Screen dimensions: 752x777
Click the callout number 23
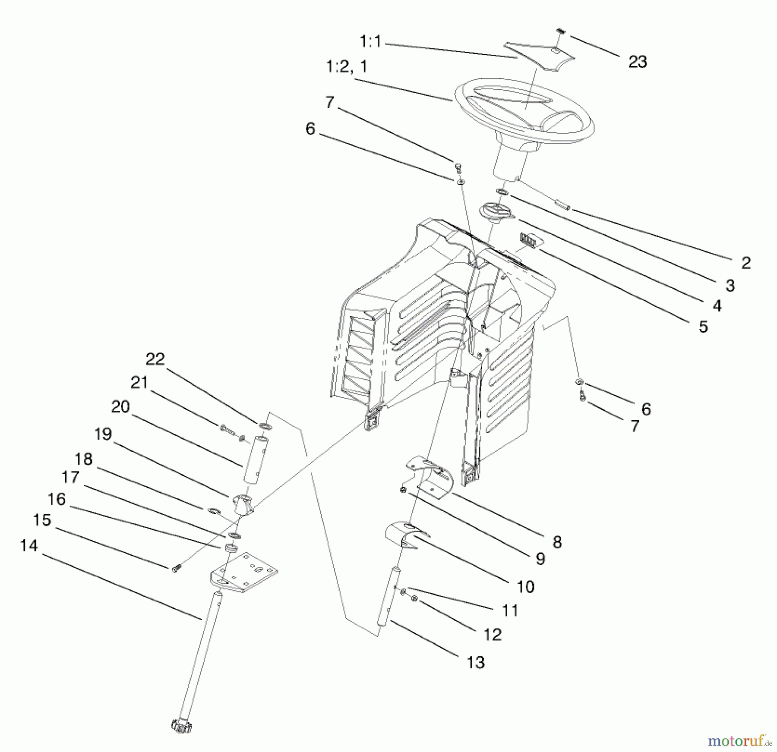coord(637,62)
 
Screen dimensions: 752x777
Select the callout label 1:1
coord(370,42)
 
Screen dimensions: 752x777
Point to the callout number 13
coord(476,662)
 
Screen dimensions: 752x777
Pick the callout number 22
coord(155,359)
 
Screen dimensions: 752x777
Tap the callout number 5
coord(703,327)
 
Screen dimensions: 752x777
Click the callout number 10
coord(525,586)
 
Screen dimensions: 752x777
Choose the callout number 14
coord(29,546)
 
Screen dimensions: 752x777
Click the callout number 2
coord(746,263)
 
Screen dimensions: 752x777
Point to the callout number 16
coord(57,499)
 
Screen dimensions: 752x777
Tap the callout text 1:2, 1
coord(346,66)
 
